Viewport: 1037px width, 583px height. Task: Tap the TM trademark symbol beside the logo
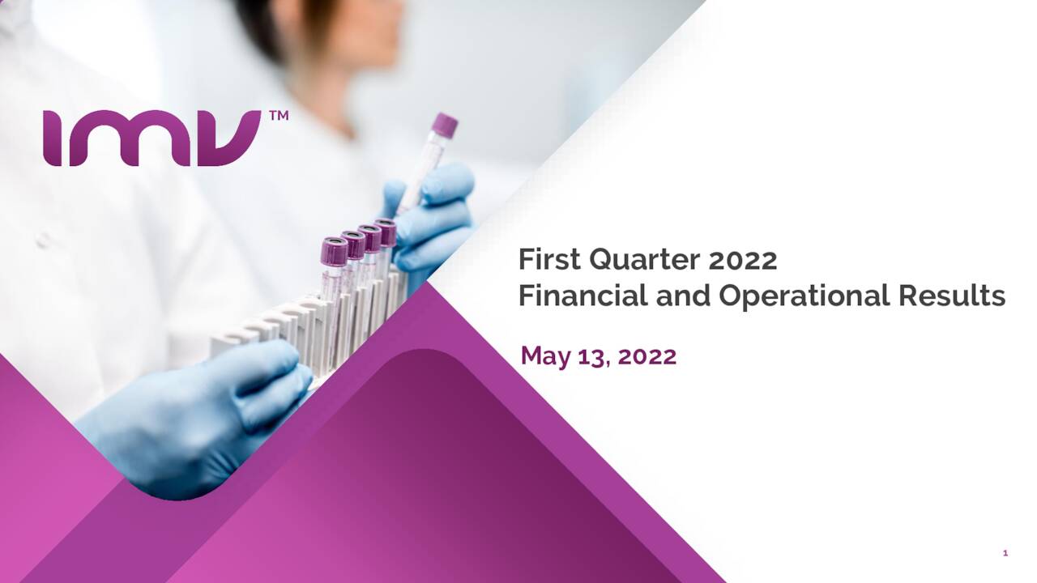pyautogui.click(x=278, y=117)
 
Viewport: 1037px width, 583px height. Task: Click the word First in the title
pyautogui.click(x=549, y=260)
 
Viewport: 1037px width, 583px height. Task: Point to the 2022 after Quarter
pyautogui.click(x=743, y=260)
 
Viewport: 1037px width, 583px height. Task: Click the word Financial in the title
pyautogui.click(x=583, y=296)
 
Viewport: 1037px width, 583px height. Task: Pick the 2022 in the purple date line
pyautogui.click(x=647, y=355)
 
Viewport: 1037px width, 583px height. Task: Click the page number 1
pyautogui.click(x=1005, y=553)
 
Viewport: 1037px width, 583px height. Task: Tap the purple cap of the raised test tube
pyautogui.click(x=444, y=125)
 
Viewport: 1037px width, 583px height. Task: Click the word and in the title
pyautogui.click(x=683, y=296)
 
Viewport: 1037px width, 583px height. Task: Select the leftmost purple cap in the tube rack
pyautogui.click(x=334, y=251)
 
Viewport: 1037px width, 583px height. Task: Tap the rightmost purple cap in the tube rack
pyautogui.click(x=386, y=233)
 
